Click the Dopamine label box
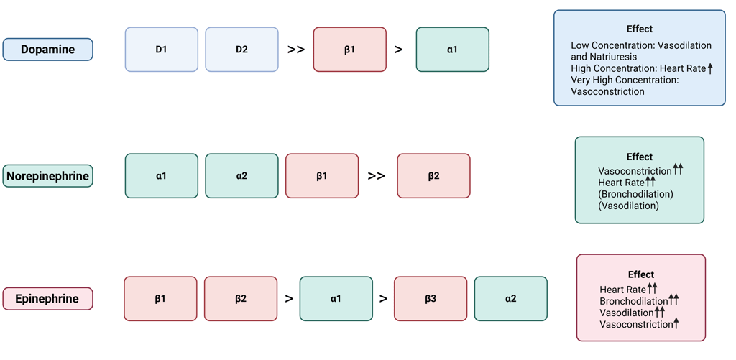tap(48, 50)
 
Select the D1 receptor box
tap(161, 50)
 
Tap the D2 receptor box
tap(241, 50)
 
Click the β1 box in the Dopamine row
tap(349, 50)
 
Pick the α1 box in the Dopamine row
tap(452, 50)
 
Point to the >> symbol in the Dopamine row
tap(296, 50)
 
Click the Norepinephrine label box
tap(48, 176)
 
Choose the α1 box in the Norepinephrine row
tap(161, 176)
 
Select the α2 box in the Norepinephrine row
tap(241, 176)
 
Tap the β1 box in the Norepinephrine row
tap(322, 176)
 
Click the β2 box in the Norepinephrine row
tap(433, 176)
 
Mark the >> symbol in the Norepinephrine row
tap(376, 176)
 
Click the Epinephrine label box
tap(47, 299)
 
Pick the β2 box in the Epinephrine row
tap(241, 299)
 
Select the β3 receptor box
tap(430, 299)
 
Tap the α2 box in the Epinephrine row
tap(510, 299)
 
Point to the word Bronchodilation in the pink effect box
tap(633, 301)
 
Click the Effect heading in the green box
tap(639, 157)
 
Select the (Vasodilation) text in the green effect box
tap(628, 206)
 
